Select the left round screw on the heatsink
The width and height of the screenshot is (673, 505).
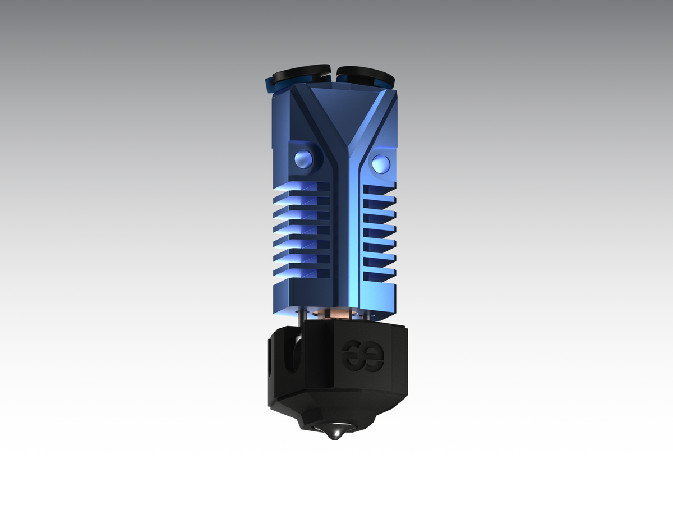303,160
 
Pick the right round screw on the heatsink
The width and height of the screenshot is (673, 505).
381,163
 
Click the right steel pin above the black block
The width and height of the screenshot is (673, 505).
367,315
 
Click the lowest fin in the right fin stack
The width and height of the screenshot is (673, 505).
379,275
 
